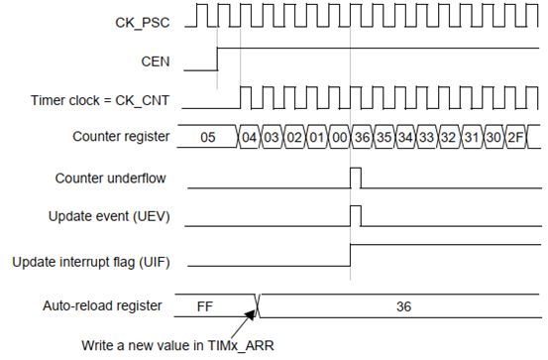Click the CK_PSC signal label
pos(143,23)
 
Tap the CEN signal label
pos(156,61)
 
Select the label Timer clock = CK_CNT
pos(100,100)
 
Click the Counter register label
pos(121,137)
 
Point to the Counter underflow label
pos(110,179)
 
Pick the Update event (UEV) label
pos(109,216)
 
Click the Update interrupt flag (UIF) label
pos(91,262)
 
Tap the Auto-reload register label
pos(102,305)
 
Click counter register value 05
pos(208,137)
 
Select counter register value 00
pos(339,137)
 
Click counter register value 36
pos(362,137)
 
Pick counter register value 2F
pos(515,137)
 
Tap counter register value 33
pos(427,137)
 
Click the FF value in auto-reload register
pos(205,306)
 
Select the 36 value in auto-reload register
pos(403,306)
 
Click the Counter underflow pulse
pos(356,169)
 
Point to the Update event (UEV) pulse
pos(356,206)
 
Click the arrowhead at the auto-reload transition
pos(252,313)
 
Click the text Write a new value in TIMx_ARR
pos(178,346)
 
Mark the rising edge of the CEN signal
pos(218,59)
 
